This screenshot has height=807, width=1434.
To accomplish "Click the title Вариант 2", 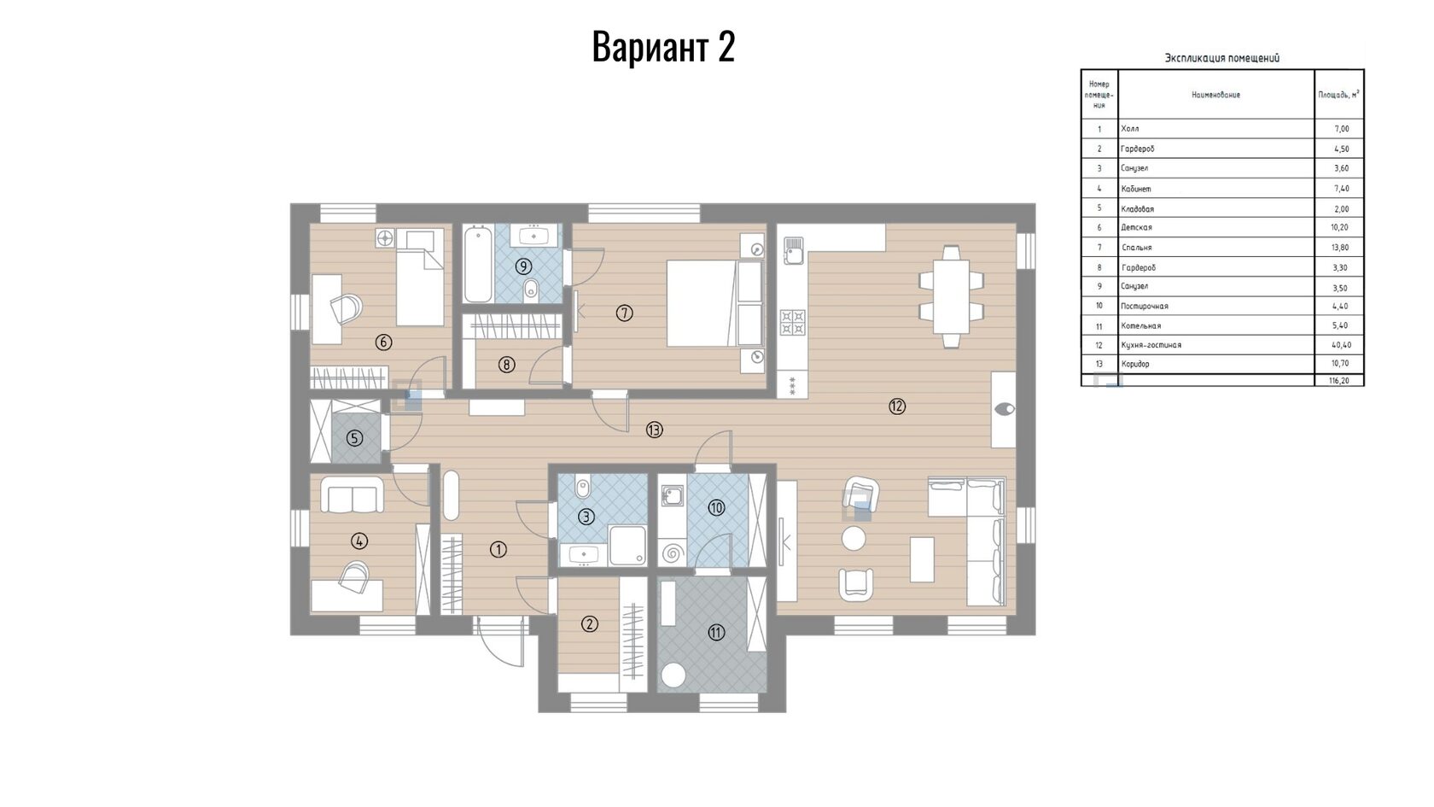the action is click(x=663, y=47).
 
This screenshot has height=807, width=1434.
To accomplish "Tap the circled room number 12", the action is click(x=897, y=406).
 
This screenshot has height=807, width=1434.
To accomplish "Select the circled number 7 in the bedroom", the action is click(x=624, y=313).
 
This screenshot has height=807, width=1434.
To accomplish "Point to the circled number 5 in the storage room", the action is click(x=355, y=439).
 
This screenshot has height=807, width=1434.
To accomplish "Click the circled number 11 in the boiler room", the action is click(x=715, y=633).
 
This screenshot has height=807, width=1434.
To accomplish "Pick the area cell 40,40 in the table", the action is click(x=1341, y=345).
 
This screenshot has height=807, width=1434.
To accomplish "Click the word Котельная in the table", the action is click(x=1140, y=325).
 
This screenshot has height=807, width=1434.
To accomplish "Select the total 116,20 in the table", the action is click(x=1338, y=381).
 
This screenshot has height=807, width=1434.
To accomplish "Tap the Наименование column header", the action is click(x=1215, y=95).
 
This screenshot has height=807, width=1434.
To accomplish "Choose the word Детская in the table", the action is click(x=1136, y=227).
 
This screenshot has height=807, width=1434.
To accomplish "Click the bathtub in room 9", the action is click(x=478, y=264).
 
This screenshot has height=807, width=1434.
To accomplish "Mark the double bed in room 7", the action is click(x=715, y=303).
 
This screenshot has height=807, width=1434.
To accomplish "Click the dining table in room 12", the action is click(x=951, y=297).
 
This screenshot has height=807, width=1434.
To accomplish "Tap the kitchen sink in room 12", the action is click(x=793, y=250).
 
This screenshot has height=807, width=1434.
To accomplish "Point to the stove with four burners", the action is click(x=792, y=323).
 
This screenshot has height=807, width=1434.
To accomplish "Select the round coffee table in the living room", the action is click(x=854, y=539).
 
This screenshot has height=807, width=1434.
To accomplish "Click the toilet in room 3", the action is click(x=582, y=488).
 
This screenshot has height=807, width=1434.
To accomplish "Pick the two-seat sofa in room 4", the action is click(x=352, y=494).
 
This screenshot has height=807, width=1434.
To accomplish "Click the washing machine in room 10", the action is click(x=673, y=552).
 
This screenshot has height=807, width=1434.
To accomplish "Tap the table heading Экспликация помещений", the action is click(x=1221, y=58).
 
